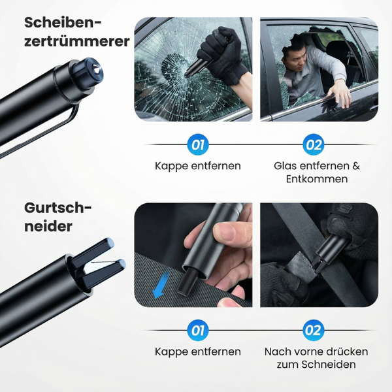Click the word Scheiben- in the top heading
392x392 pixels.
[x=63, y=23]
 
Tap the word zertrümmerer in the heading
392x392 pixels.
[x=76, y=41]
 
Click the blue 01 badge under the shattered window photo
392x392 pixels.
[x=198, y=144]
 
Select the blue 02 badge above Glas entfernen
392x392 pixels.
[x=313, y=144]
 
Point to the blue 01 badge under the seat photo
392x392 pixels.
[x=198, y=330]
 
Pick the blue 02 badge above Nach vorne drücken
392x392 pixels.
[x=313, y=330]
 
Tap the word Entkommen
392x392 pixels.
[x=317, y=179]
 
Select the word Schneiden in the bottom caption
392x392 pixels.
[x=328, y=365]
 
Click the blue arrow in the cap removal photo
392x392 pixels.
[x=161, y=286]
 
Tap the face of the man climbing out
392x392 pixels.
[x=295, y=58]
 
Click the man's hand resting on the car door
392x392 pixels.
[x=340, y=93]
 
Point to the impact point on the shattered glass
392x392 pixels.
[x=186, y=74]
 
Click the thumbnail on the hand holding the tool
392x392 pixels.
[x=226, y=231]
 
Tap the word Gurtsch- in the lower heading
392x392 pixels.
[x=58, y=208]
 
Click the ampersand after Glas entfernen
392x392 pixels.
[x=356, y=166]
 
